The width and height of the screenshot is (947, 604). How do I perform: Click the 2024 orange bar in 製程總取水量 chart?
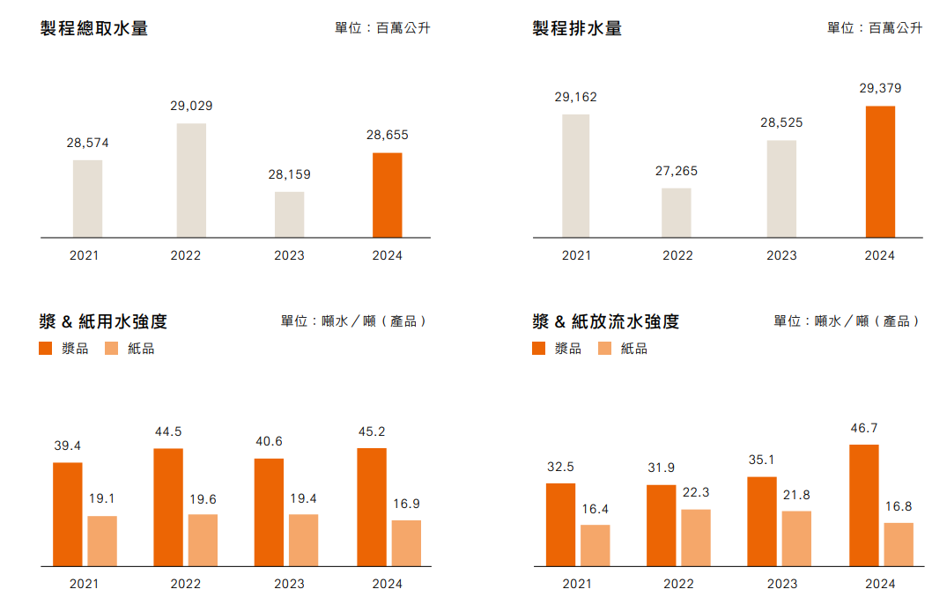[388, 195]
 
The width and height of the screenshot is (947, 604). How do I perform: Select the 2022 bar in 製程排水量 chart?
[677, 213]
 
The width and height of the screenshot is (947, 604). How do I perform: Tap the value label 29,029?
[191, 106]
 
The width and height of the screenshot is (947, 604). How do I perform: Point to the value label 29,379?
[880, 88]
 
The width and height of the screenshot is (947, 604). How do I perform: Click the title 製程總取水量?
[94, 28]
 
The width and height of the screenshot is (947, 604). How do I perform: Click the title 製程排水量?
[577, 28]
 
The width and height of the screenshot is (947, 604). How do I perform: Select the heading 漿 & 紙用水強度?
[104, 321]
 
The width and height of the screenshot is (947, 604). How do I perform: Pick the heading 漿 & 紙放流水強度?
[606, 321]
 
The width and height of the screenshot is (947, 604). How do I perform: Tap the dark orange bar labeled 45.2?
[372, 507]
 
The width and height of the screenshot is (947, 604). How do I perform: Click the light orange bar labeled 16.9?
[406, 543]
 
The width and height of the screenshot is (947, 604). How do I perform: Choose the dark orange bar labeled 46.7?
[864, 505]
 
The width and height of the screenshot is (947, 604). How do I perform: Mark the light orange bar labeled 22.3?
[696, 537]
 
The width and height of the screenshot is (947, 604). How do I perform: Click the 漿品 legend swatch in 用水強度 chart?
[47, 349]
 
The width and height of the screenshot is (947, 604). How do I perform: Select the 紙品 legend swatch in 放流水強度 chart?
[605, 349]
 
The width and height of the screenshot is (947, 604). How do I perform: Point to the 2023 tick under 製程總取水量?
[289, 255]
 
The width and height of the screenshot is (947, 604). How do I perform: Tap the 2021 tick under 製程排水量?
[576, 255]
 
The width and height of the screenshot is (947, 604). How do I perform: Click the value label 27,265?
[677, 171]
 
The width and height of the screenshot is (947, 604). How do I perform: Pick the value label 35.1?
[762, 460]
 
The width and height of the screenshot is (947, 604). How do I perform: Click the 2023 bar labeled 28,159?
[289, 215]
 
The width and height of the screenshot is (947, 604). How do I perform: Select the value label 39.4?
[68, 446]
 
